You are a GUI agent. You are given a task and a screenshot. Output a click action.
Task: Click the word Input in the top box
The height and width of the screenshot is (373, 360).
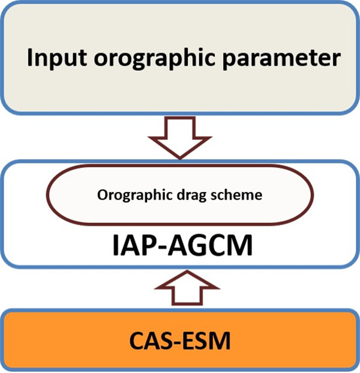point(56,60)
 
